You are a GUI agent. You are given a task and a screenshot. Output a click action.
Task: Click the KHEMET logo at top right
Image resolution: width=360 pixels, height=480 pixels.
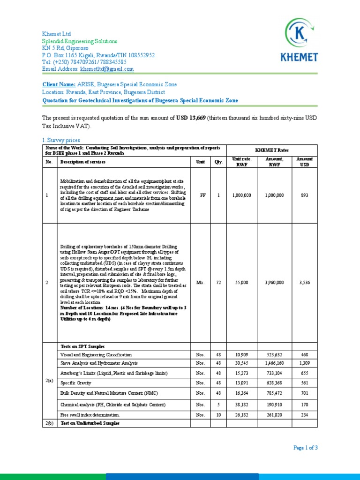pyautogui.click(x=299, y=39)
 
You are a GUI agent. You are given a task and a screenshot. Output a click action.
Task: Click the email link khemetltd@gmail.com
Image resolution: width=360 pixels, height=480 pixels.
pyautogui.click(x=107, y=69)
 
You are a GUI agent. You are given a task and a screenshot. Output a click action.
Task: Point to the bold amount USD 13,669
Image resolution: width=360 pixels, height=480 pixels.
pyautogui.click(x=190, y=117)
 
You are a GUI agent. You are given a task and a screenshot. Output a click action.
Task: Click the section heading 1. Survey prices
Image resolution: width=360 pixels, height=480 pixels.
pyautogui.click(x=61, y=140)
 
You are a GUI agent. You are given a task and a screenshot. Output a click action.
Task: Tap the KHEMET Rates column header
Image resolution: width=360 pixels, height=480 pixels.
pyautogui.click(x=272, y=150)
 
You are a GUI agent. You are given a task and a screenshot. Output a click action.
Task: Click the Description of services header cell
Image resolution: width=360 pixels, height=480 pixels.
pyautogui.click(x=82, y=162)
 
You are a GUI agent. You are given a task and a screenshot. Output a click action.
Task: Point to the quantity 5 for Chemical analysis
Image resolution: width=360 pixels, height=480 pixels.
pyautogui.click(x=218, y=404)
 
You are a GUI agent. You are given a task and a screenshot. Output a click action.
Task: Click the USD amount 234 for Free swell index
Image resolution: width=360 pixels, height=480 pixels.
pyautogui.click(x=304, y=415)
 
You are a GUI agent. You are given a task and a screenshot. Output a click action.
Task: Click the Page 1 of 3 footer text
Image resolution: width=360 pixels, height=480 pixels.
pyautogui.click(x=306, y=448)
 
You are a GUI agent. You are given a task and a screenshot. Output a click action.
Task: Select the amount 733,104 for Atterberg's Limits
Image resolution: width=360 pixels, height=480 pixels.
pyautogui.click(x=274, y=373)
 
